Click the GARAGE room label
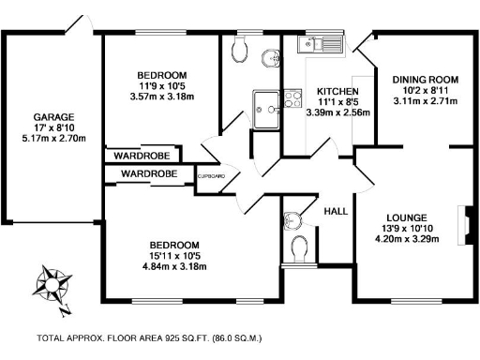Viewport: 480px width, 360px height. pos(44,117)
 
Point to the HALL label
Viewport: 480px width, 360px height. pos(336,212)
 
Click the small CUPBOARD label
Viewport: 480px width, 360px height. pos(211,175)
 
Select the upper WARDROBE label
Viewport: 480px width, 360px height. pos(141,156)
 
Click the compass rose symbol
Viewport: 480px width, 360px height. pos(49,286)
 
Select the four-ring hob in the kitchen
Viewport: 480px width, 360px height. pos(293,97)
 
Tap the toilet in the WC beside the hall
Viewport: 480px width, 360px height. pos(300,249)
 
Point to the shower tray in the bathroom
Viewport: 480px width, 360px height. pos(264,103)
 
